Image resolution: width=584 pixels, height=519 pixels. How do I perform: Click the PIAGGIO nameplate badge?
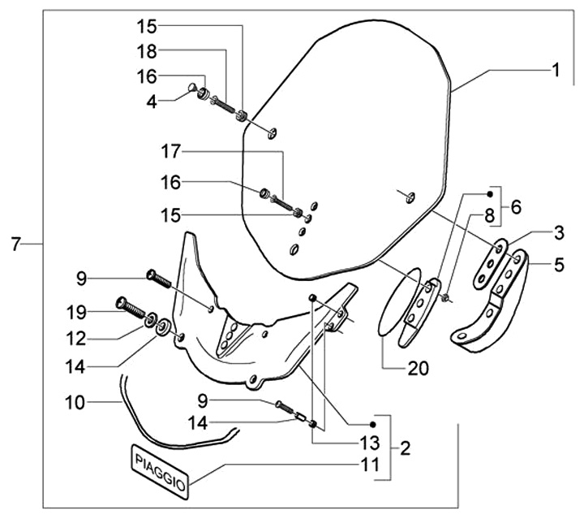coord(160,471)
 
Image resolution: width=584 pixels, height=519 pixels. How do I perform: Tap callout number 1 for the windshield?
coord(556,70)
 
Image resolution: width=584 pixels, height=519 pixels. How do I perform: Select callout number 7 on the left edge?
coord(15,244)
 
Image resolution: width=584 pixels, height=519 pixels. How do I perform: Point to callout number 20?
coord(419,369)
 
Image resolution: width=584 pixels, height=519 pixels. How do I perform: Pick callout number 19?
coord(76,312)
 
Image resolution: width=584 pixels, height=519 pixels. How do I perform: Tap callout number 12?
coord(76,339)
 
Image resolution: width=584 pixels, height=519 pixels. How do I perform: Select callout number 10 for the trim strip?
coord(75,403)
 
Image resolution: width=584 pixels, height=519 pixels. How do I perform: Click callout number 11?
coord(370,465)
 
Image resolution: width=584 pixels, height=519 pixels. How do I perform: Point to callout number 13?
coord(370,443)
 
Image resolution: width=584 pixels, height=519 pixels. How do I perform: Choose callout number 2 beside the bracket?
coord(405,448)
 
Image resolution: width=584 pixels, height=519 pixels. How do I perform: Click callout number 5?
coord(559,265)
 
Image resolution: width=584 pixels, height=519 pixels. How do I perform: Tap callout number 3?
coord(559,232)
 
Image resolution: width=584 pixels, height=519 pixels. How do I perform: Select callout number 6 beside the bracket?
coord(516,207)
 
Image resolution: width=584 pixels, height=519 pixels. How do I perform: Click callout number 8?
coord(489,215)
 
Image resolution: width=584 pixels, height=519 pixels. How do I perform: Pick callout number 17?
coord(170,151)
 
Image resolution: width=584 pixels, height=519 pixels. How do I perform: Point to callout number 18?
coord(147,51)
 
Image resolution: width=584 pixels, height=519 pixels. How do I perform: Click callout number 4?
coord(152,102)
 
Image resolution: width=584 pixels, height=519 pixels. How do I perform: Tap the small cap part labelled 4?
coord(192,87)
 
